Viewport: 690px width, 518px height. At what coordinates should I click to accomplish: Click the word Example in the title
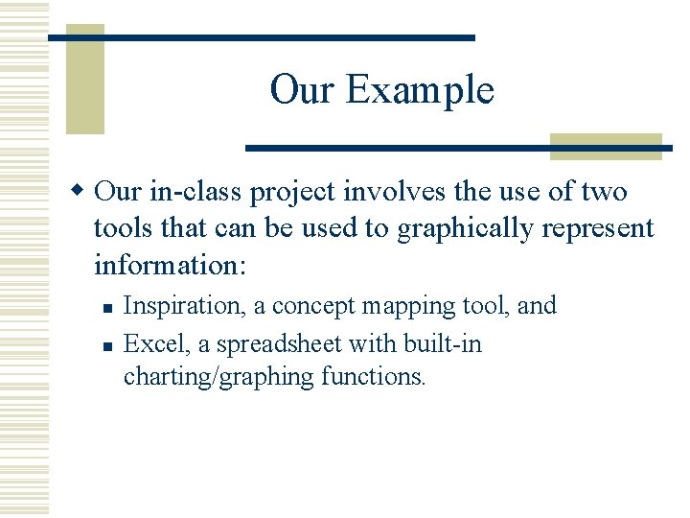click(420, 90)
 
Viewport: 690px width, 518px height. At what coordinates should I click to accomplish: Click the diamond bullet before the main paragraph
click(82, 191)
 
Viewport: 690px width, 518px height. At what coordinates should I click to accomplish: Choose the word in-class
click(195, 192)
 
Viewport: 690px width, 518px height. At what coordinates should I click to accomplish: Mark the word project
click(292, 193)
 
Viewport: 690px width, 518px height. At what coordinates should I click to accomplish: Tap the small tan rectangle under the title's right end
click(606, 146)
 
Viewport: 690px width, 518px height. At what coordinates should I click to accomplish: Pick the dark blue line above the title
click(262, 37)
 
